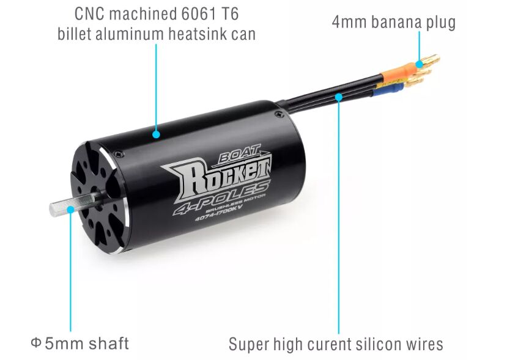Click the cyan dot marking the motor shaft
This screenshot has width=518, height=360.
[70, 210]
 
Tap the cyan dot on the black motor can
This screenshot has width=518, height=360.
[157, 134]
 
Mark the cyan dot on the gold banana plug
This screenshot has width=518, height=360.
[420, 64]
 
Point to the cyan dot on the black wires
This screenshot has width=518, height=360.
[339, 97]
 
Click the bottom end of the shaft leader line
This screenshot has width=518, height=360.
[70, 331]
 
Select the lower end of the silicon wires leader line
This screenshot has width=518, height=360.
[339, 334]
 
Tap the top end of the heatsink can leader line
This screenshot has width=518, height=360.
[157, 45]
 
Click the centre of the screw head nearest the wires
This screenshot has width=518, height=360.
[279, 114]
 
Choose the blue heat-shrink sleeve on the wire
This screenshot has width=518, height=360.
[389, 89]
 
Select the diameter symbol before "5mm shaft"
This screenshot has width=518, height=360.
[35, 343]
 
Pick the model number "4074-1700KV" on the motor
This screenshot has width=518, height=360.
[218, 213]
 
